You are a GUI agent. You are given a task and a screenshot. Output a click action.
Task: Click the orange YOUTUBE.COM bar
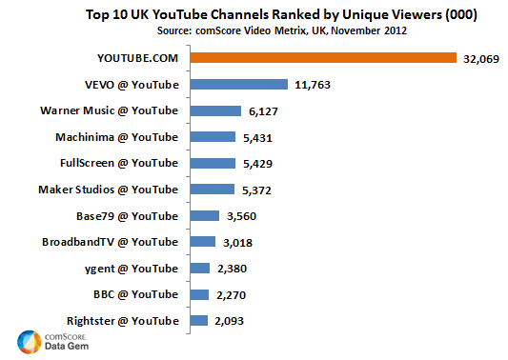click(x=323, y=58)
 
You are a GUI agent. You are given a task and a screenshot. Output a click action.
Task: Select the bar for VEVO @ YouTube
click(x=238, y=84)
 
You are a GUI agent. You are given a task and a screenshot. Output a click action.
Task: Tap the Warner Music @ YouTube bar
click(x=213, y=110)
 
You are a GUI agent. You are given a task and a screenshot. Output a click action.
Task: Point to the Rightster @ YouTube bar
click(x=197, y=320)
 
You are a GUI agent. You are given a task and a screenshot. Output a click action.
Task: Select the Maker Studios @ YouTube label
click(x=108, y=190)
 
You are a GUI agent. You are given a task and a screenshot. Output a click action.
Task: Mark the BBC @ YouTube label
click(x=135, y=294)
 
